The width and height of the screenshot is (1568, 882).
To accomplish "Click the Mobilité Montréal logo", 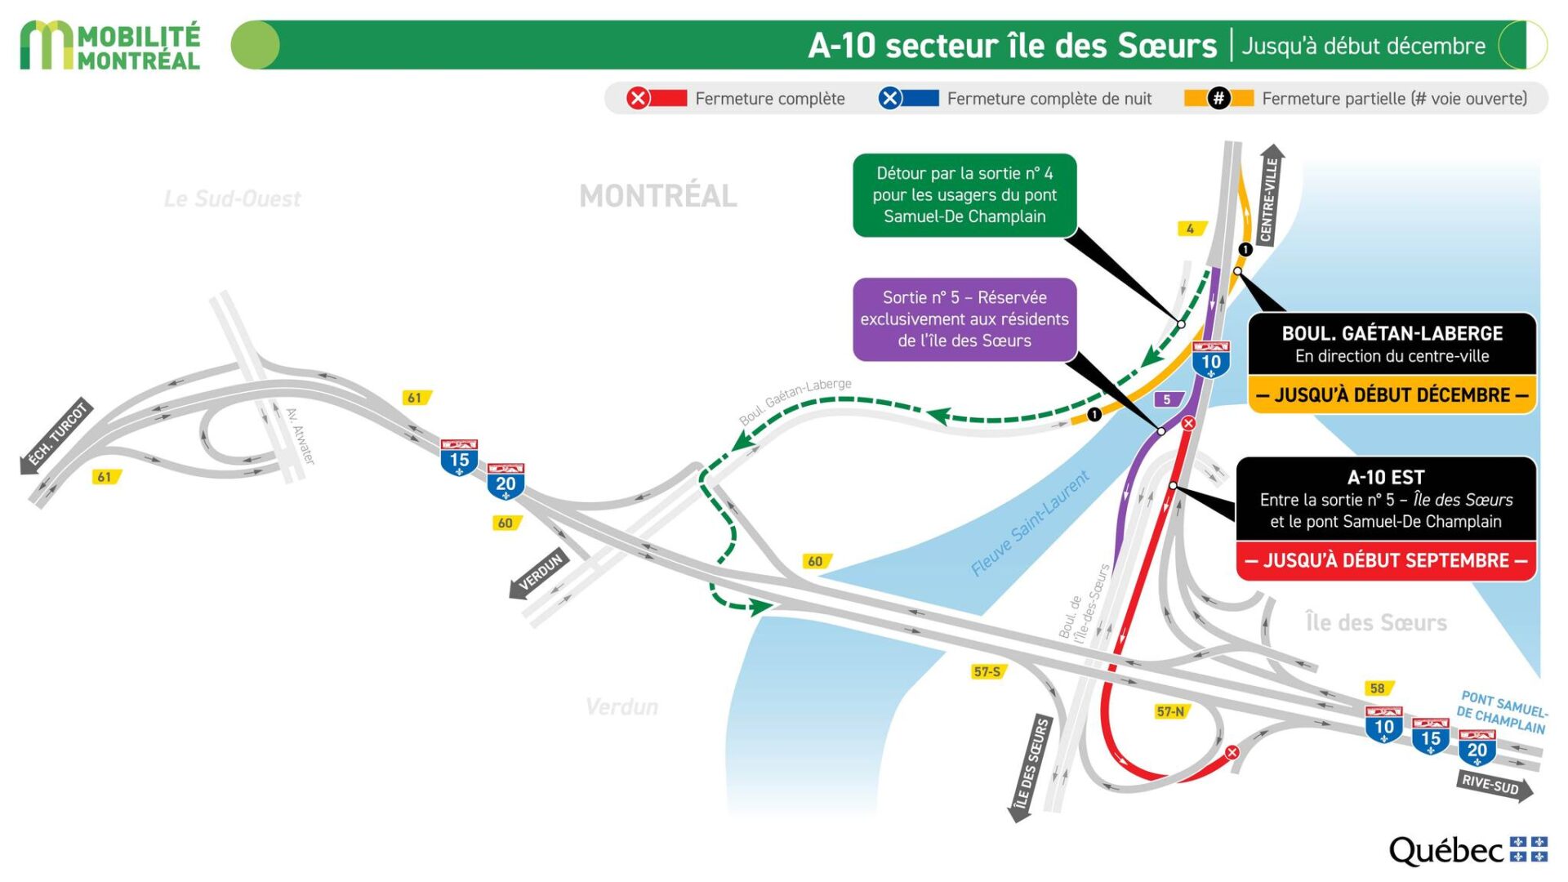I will (x=110, y=46).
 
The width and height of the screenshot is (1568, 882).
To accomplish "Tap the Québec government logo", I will (x=1468, y=850).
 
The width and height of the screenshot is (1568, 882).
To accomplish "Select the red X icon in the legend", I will (x=638, y=99).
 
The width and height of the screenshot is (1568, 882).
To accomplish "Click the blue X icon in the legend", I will (x=889, y=99).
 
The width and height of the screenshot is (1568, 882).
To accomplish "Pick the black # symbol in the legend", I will (x=1218, y=99).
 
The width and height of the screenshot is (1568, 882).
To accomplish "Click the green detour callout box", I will (x=964, y=195).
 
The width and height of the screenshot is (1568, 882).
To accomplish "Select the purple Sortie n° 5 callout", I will (x=964, y=319).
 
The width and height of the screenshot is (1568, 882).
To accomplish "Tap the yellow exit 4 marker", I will (x=1191, y=229).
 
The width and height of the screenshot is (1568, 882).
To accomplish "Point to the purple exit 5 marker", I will (x=1167, y=399).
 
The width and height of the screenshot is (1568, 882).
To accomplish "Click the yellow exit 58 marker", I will (x=1378, y=688).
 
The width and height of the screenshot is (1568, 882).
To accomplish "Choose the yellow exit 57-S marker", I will (x=987, y=671).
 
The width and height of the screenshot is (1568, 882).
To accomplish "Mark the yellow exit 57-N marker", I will (x=1170, y=711).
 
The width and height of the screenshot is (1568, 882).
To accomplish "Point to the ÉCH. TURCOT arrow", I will (x=56, y=437).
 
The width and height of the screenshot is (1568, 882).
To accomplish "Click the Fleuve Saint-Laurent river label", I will (x=1030, y=523).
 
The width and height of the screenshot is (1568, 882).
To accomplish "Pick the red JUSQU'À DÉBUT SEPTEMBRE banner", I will (x=1386, y=561).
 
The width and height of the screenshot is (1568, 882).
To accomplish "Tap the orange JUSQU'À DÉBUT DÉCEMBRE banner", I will (x=1392, y=395).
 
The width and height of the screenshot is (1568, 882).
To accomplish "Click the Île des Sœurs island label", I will (x=1376, y=623).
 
